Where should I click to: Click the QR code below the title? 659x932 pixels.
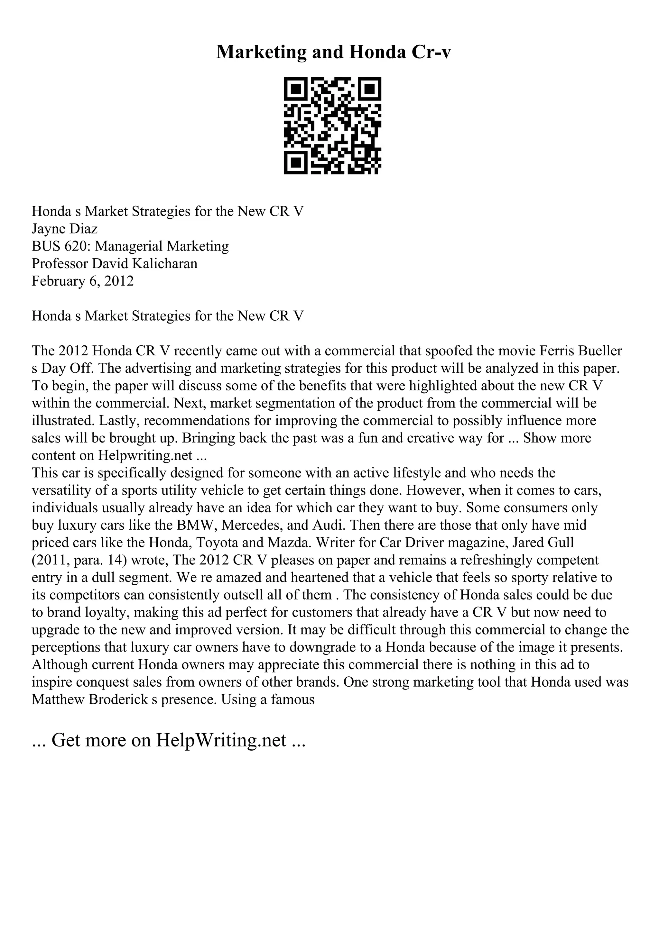(x=332, y=126)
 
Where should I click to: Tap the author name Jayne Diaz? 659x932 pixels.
(x=65, y=229)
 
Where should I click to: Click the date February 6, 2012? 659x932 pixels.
(x=82, y=281)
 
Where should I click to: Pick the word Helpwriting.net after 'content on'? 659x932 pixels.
(x=145, y=456)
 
